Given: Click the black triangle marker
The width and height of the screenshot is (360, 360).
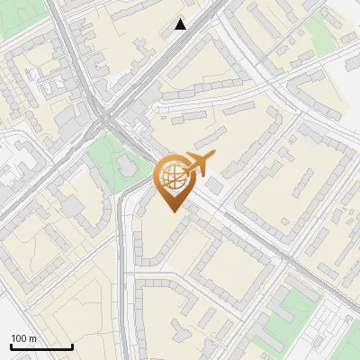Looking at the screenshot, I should pyautogui.click(x=181, y=24).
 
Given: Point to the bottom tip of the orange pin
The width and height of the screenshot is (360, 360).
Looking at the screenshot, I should pyautogui.click(x=171, y=211).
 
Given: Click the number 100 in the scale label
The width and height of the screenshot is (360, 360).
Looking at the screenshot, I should pyautogui.click(x=18, y=338).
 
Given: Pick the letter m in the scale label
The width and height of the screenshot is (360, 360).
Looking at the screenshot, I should pyautogui.click(x=32, y=338).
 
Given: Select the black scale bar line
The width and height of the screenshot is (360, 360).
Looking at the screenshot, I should pyautogui.click(x=41, y=346).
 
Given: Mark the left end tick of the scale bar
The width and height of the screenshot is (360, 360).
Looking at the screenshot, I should pyautogui.click(x=11, y=346).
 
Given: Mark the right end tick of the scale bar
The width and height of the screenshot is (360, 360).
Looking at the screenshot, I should pyautogui.click(x=72, y=346).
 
